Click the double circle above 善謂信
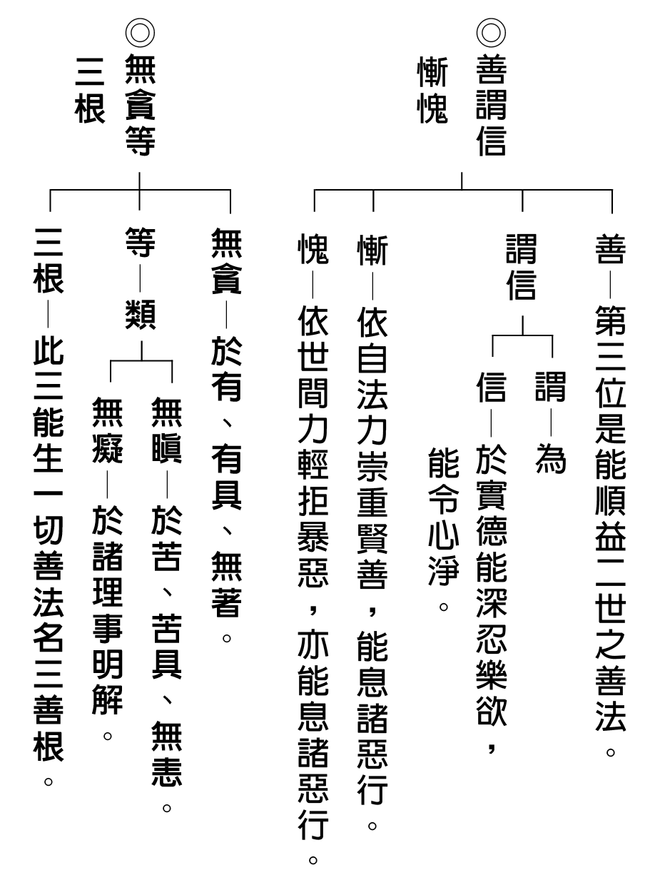coord(490,33)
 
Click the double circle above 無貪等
coord(140,33)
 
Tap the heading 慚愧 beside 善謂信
coord(432,90)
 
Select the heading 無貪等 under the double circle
coord(140,105)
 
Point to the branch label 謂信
coord(521,268)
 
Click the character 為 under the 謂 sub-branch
coord(550,459)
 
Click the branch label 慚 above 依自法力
coord(372,251)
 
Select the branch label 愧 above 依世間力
coord(313,249)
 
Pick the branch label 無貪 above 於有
coord(226,261)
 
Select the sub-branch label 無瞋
coord(166,430)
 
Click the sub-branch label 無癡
coord(107,430)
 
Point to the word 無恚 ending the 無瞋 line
coord(166,754)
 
